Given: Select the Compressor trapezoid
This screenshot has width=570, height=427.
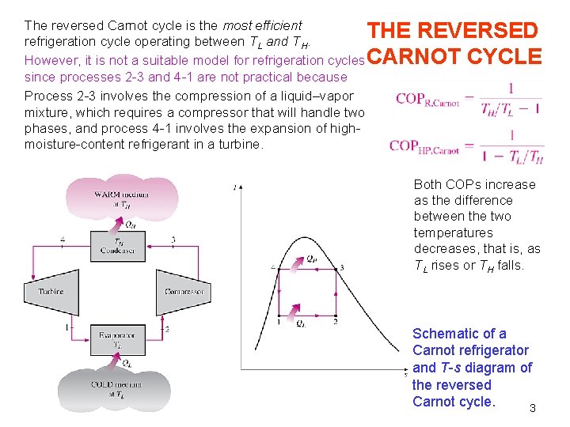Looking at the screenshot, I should coord(184,291).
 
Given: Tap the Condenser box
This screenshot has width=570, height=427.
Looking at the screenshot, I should coord(117,246).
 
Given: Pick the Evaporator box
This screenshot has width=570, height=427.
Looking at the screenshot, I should coord(117,340).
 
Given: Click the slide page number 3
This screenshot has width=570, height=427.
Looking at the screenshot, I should coord(533,408).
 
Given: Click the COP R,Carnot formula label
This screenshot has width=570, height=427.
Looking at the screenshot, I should coord(427,100).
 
